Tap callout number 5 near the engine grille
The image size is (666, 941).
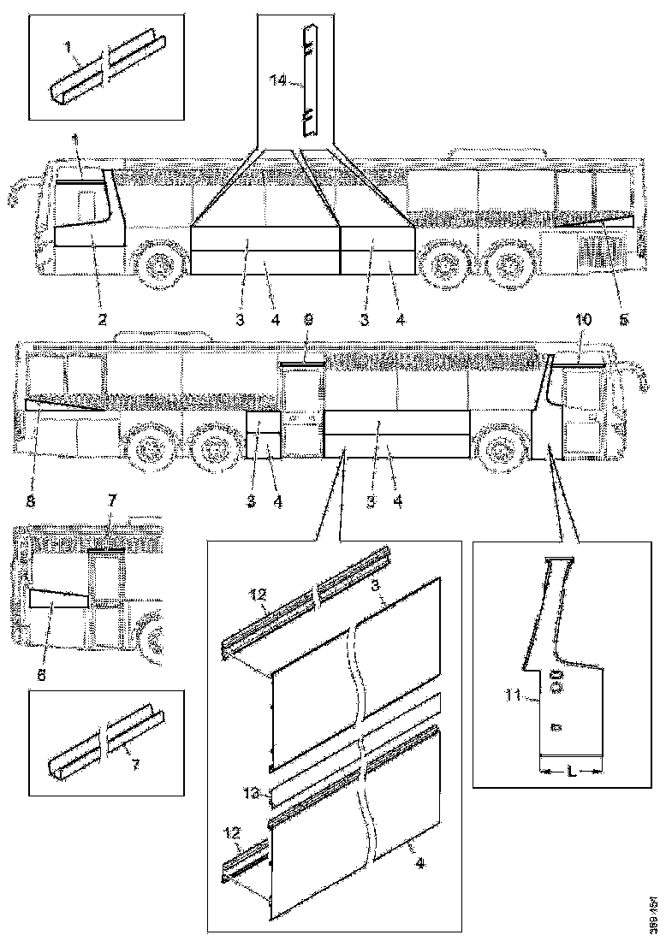[x=623, y=318]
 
